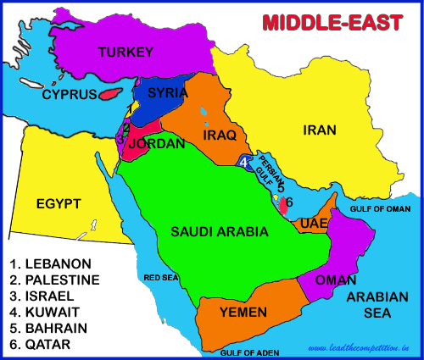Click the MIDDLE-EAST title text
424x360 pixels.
pyautogui.click(x=331, y=21)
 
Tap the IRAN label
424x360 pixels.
pyautogui.click(x=320, y=130)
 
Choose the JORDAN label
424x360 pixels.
pyautogui.click(x=156, y=144)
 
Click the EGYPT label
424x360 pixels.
pyautogui.click(x=58, y=203)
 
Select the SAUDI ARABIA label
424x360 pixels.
pyautogui.click(x=220, y=231)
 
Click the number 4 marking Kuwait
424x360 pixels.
pyautogui.click(x=244, y=162)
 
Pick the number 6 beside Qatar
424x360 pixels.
pyautogui.click(x=289, y=202)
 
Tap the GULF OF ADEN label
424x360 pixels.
pyautogui.click(x=251, y=351)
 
